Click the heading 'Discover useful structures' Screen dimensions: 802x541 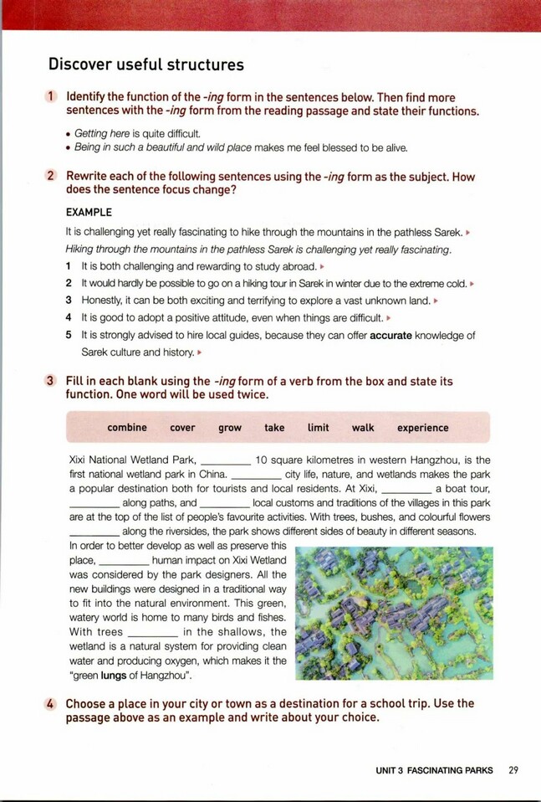(146, 64)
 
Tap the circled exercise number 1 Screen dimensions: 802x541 (51, 97)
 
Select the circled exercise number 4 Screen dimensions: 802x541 (51, 704)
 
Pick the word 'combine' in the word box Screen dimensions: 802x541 (127, 428)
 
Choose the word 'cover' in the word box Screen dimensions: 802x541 (182, 428)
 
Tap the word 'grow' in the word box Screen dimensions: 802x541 (230, 428)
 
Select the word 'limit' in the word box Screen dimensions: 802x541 (319, 428)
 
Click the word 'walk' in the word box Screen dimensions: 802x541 (363, 428)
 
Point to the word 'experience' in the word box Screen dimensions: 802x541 (422, 428)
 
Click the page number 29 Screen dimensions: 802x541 (513, 770)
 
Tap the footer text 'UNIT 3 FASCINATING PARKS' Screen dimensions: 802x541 (434, 770)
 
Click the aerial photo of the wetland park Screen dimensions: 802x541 (394, 613)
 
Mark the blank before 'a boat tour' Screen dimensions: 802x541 (406, 489)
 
